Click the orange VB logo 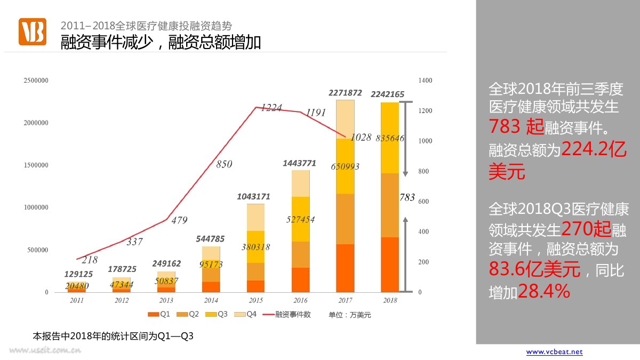point(33,31)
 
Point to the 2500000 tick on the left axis point(36,81)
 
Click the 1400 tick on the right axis point(426,81)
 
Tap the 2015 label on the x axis point(255,301)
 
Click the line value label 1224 point(271,108)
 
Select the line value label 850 point(224,164)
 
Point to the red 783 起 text point(516,126)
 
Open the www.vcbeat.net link point(554,352)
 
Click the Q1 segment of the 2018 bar point(390,265)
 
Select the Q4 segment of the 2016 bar point(301,183)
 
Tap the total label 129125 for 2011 point(78,274)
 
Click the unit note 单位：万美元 point(349,315)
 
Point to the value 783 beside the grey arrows point(407,197)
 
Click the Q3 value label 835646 point(390,138)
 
